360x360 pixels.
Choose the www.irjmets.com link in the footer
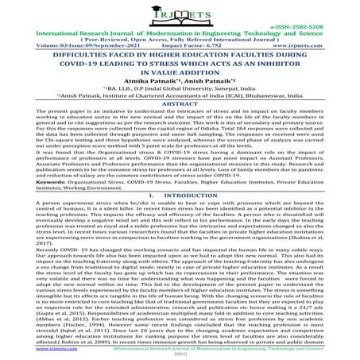[x=29, y=348]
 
